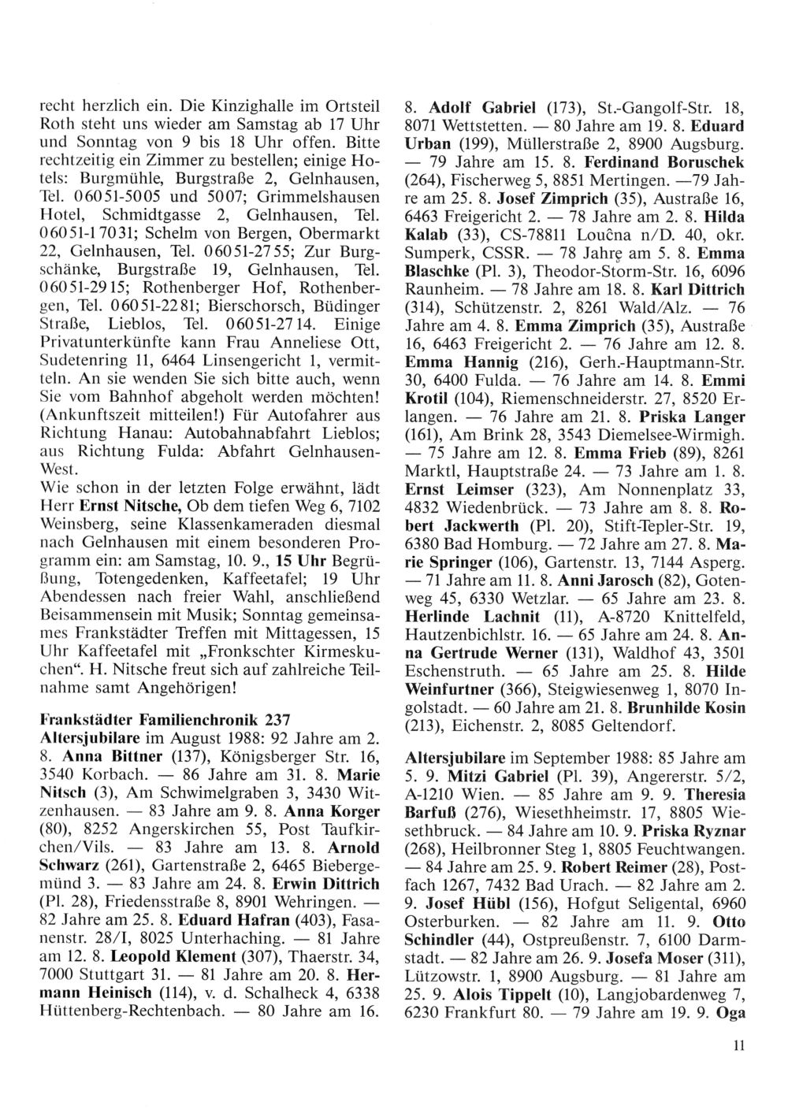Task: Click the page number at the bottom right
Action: point(738,1045)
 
